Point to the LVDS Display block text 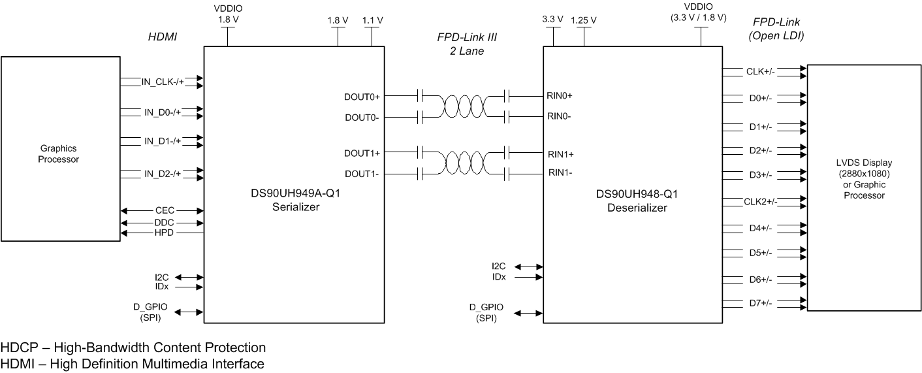click(864, 178)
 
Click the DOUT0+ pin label click(362, 96)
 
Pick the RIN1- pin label click(560, 173)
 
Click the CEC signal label click(164, 210)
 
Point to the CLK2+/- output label click(760, 201)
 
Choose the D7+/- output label click(760, 303)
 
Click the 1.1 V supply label click(373, 20)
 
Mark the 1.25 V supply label click(584, 20)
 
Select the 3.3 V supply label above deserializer click(552, 20)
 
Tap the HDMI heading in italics click(163, 37)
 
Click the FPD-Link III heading click(462, 37)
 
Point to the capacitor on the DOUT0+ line click(421, 96)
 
